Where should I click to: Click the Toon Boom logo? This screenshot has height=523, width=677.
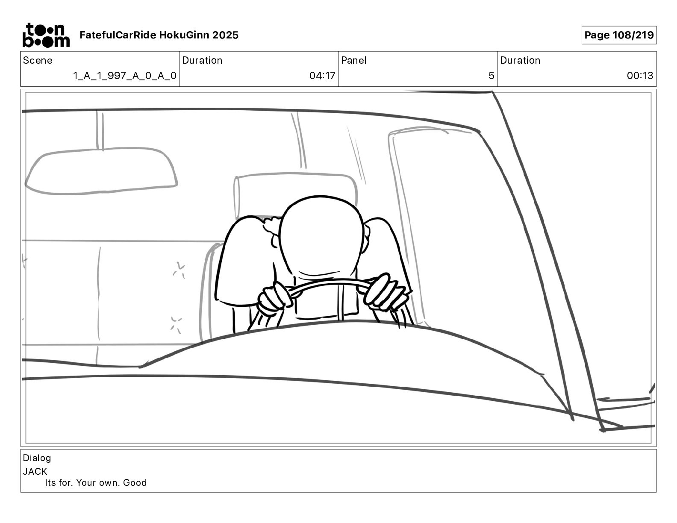pos(46,35)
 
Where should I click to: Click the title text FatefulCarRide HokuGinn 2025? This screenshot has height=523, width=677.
pos(159,35)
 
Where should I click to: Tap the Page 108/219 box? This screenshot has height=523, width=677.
pos(619,35)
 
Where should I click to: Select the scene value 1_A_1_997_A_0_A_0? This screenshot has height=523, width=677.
pos(125,76)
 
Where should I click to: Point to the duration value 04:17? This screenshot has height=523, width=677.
pos(322,76)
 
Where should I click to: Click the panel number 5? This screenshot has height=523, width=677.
pos(492,76)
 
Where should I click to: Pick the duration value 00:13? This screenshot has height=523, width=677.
pos(640,76)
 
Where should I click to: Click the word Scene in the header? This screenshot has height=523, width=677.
pos(38,60)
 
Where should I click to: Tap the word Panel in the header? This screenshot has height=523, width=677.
pos(353,60)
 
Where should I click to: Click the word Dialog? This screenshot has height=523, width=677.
pos(37,458)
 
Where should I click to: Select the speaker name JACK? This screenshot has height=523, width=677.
pos(35,472)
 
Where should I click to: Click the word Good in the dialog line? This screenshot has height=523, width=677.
pos(135,483)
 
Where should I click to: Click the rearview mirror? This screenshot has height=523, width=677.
pos(101,171)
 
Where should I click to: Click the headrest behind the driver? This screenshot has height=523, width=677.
pos(295,193)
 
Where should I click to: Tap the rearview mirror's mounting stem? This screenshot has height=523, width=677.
pos(100,130)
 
